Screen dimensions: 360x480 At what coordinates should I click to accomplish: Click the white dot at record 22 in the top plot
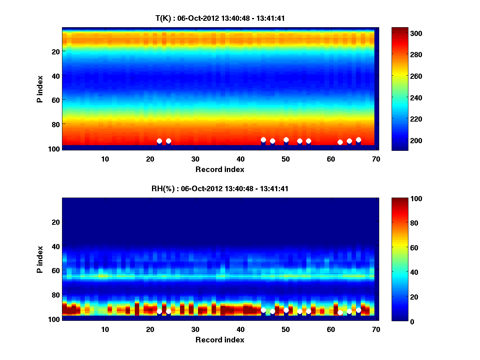tap(159, 141)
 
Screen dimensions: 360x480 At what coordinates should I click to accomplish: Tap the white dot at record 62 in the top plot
tap(340, 142)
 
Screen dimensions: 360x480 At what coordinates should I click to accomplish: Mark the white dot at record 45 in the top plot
tap(263, 140)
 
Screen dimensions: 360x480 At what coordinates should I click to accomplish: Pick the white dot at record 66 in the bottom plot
tap(358, 310)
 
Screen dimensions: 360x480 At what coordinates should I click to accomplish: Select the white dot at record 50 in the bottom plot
tap(286, 310)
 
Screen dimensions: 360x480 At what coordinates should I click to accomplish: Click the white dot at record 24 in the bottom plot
tap(168, 311)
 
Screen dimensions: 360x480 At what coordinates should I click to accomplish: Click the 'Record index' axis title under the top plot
tap(220, 170)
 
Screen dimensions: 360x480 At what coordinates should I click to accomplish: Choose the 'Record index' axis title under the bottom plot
tap(220, 340)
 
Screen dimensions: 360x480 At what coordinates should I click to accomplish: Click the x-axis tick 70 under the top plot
tap(376, 159)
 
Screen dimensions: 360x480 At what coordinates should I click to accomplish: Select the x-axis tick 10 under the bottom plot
tap(105, 329)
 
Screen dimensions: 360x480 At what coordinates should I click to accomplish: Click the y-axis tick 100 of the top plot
tap(55, 148)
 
